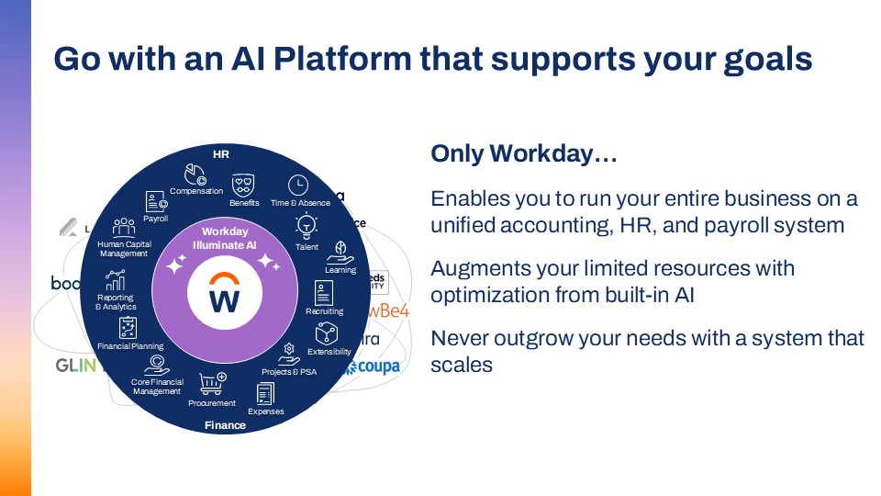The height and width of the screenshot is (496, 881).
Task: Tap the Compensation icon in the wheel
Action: click(195, 173)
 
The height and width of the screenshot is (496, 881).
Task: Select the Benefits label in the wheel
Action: click(244, 203)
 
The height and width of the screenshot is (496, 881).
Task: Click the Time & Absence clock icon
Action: click(298, 184)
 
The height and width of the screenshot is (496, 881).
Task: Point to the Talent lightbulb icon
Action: click(306, 224)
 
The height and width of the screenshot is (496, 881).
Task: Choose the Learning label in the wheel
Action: click(340, 270)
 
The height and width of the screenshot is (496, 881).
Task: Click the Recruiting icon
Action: click(324, 293)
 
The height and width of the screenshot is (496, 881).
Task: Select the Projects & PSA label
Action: click(288, 372)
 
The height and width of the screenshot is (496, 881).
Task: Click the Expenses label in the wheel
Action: click(266, 411)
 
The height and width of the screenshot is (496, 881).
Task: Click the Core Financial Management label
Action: click(157, 387)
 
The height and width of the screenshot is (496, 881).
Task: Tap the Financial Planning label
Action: click(130, 346)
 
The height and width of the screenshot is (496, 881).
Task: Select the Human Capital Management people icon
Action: click(124, 226)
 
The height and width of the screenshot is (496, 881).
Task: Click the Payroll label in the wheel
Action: click(155, 219)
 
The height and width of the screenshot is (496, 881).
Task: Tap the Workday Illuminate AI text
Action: click(224, 239)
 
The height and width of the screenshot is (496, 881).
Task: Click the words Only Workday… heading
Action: click(523, 155)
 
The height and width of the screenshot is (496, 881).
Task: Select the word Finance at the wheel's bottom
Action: click(225, 425)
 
